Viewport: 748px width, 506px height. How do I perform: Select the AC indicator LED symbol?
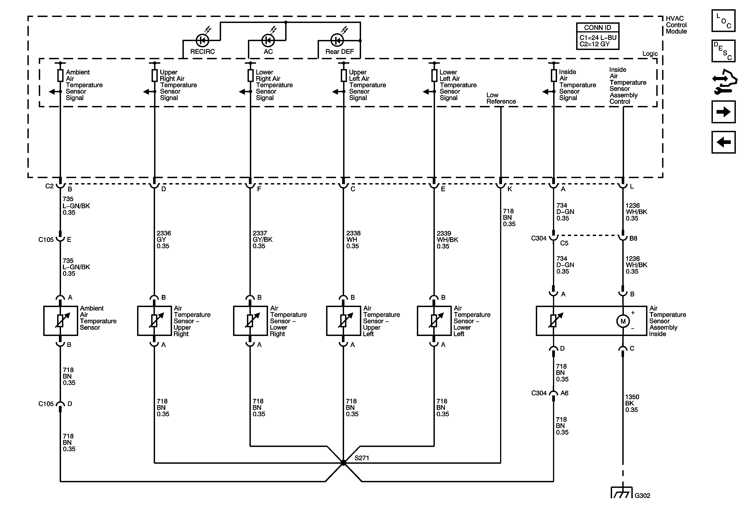(x=268, y=41)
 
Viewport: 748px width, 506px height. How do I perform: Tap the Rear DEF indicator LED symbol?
(x=337, y=41)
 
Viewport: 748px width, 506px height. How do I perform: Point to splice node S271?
(x=343, y=463)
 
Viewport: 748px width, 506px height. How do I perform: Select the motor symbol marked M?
(x=623, y=321)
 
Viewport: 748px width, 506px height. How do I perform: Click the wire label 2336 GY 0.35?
(x=164, y=240)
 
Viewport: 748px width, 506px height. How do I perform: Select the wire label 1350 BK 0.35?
(x=632, y=403)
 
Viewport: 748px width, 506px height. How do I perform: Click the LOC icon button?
(x=723, y=21)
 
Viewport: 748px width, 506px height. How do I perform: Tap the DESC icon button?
(x=723, y=51)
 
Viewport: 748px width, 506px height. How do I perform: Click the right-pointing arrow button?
(x=723, y=112)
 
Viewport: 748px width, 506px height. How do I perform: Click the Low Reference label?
(x=501, y=98)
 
